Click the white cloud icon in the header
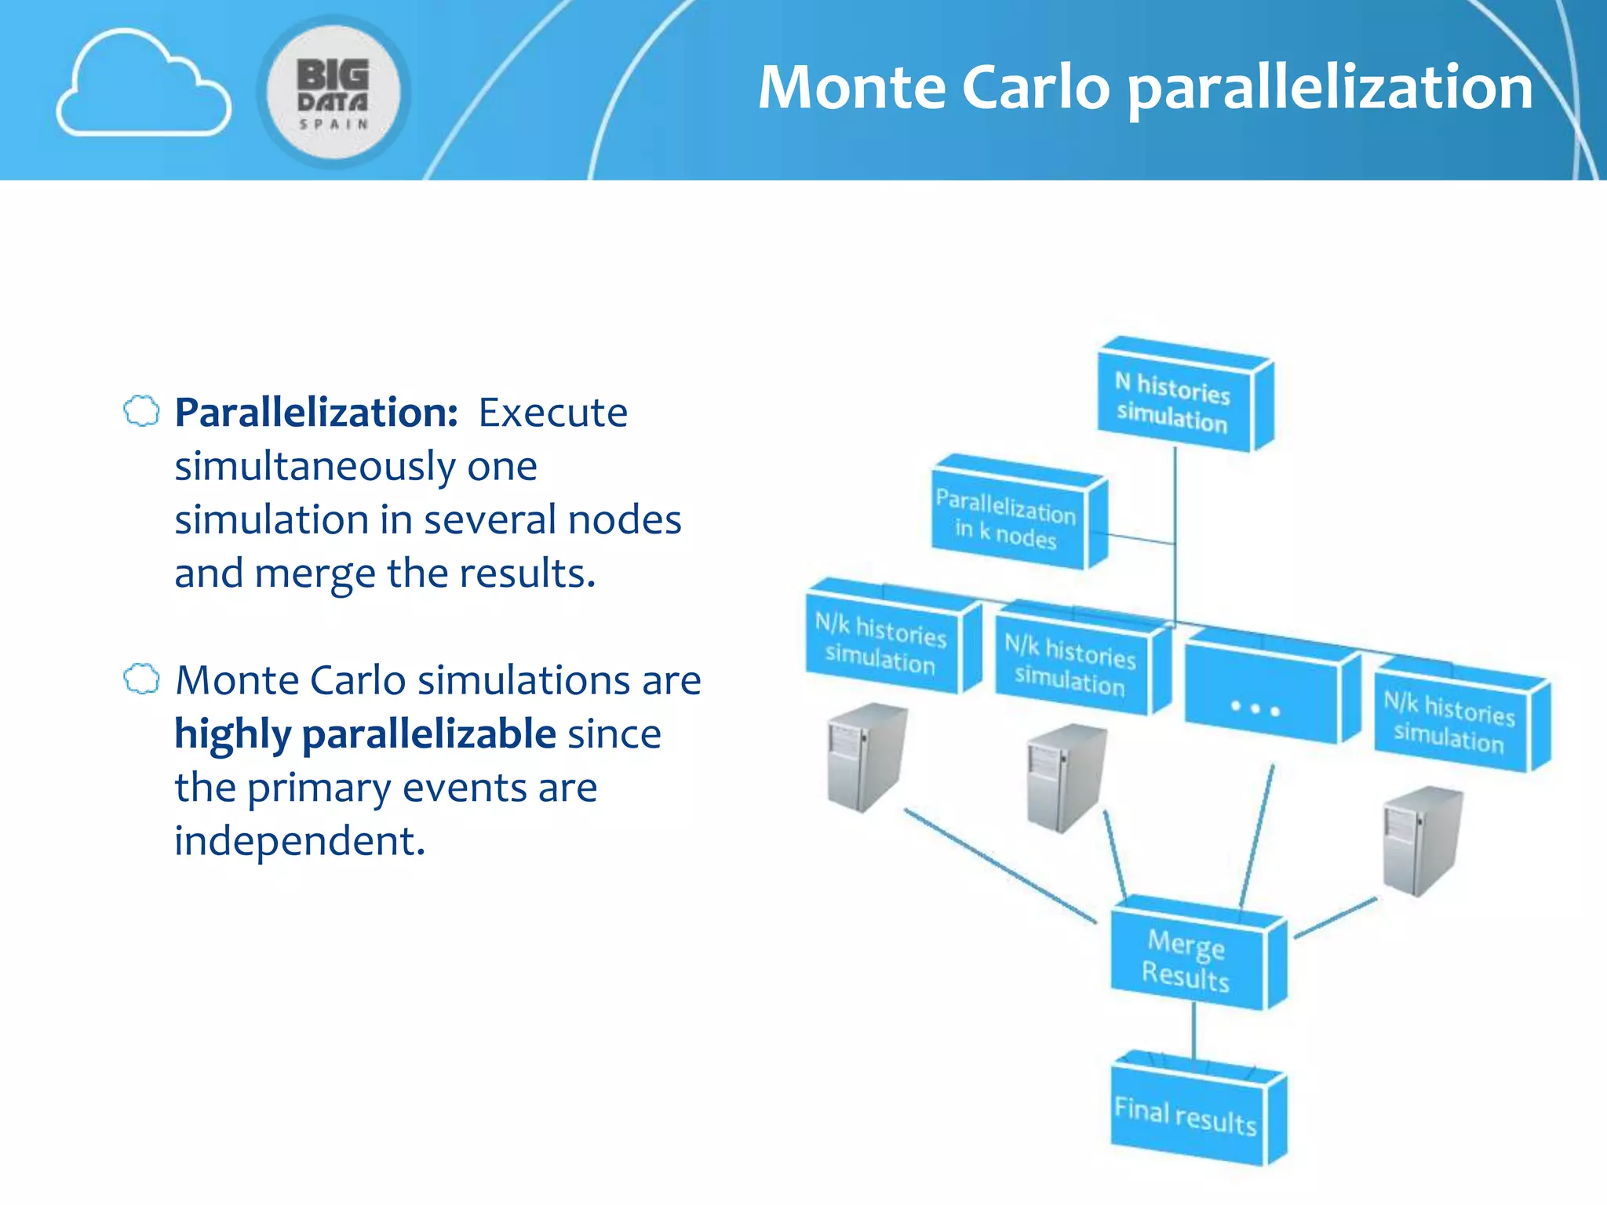pos(143,85)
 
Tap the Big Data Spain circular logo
pos(333,92)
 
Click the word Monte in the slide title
pos(852,87)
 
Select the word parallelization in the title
pos(1329,89)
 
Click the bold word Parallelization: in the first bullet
pos(315,413)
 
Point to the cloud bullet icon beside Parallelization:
pos(142,411)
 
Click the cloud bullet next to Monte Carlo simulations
pos(142,679)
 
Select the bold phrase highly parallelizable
pos(365,734)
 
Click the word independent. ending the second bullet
pos(299,841)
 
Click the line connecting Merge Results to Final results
pos(1194,1032)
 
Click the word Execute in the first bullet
pos(553,413)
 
